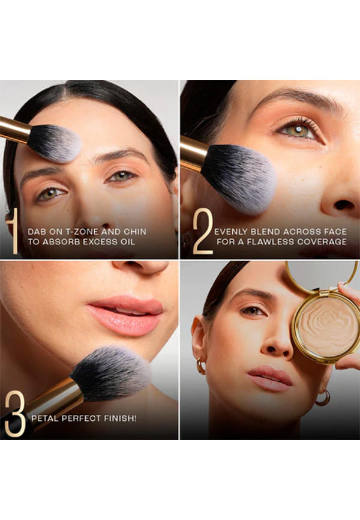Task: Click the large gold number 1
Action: [x=14, y=231]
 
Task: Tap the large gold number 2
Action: [x=203, y=231]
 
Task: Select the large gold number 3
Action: [x=15, y=413]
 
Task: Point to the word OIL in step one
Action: [x=128, y=242]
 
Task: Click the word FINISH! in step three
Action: [x=121, y=418]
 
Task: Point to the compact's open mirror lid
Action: [x=322, y=276]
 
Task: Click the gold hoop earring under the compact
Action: [x=323, y=398]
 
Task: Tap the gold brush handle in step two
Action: [x=193, y=153]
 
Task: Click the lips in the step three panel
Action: [x=125, y=315]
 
